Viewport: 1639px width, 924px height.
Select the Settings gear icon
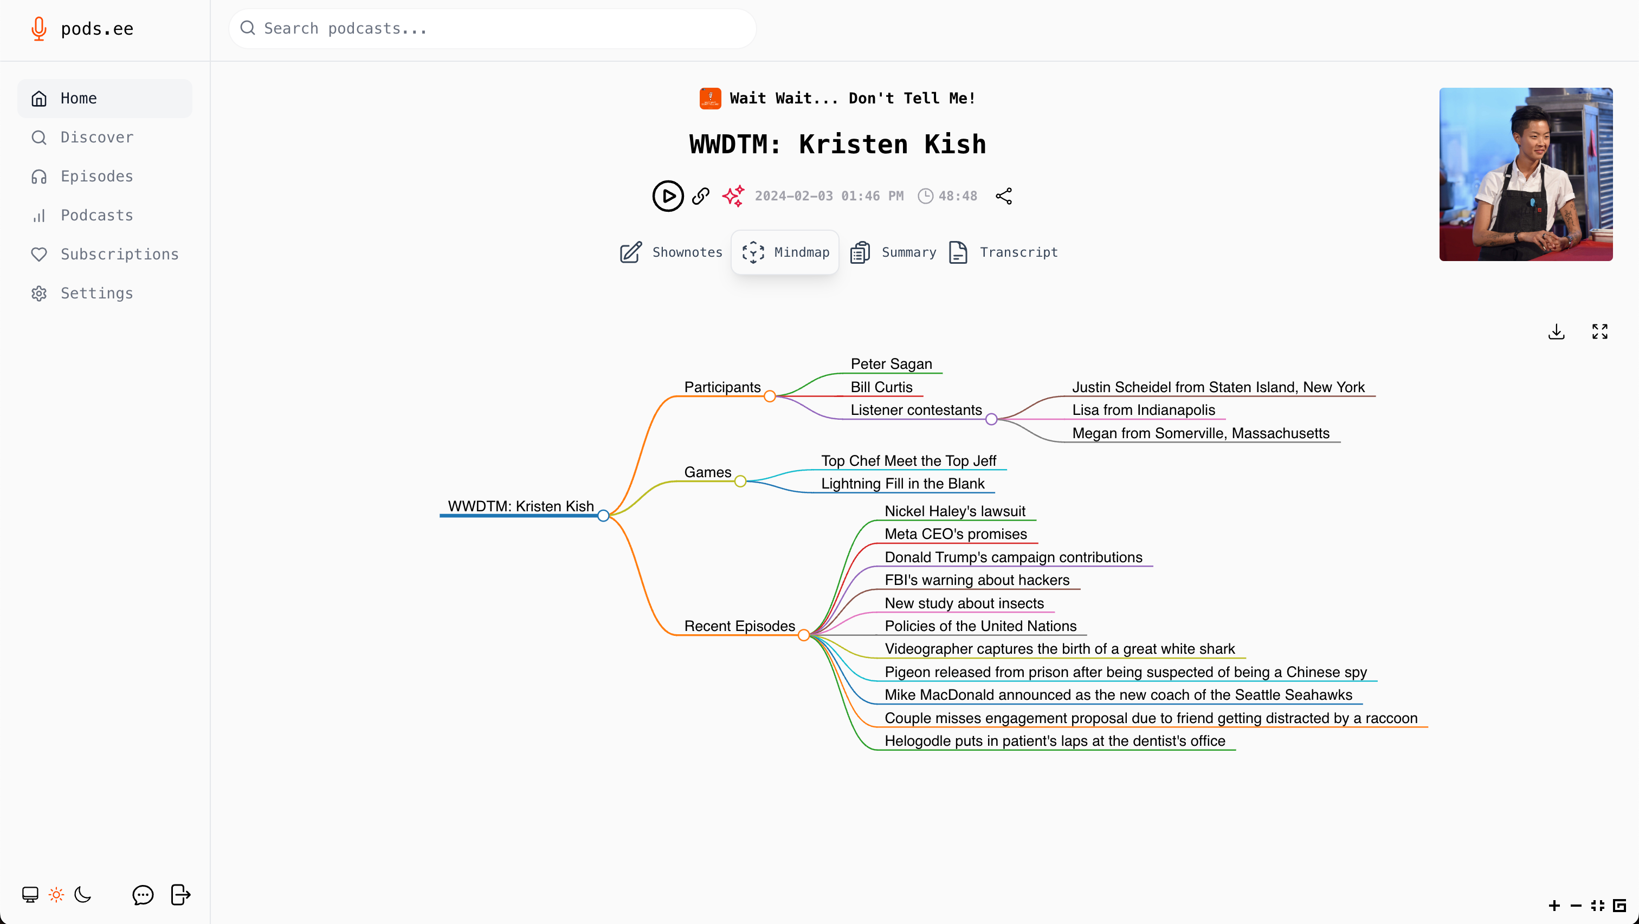click(39, 293)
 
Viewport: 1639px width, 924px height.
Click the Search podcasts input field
click(493, 29)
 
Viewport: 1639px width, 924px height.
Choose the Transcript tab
click(1003, 252)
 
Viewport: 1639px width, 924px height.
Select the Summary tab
click(893, 252)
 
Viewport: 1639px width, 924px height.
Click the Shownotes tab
click(671, 252)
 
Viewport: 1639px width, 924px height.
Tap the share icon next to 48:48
click(1003, 196)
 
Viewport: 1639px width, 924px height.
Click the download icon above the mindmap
click(1556, 331)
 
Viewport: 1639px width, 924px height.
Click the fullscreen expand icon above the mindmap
click(1599, 331)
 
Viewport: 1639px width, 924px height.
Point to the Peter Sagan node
click(892, 364)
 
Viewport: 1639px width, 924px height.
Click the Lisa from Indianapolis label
click(1144, 410)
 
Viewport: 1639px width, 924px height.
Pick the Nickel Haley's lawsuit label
click(954, 511)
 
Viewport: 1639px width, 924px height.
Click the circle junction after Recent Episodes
click(804, 635)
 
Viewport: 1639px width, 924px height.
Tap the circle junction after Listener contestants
click(991, 419)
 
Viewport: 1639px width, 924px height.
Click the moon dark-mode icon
click(83, 895)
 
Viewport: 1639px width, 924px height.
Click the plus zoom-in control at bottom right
click(1554, 906)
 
